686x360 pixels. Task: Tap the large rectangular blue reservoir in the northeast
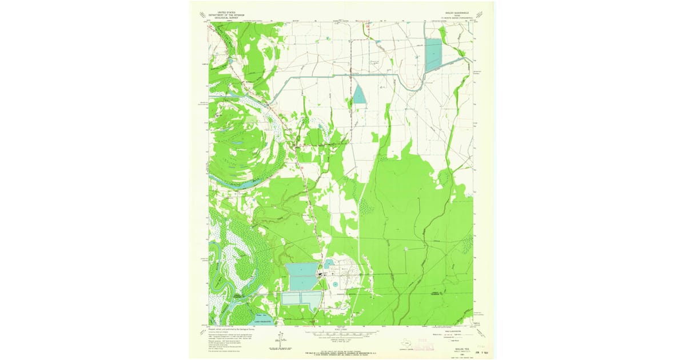[433, 55]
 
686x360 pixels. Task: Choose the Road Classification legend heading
[446, 330]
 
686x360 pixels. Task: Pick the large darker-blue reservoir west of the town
[302, 276]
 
